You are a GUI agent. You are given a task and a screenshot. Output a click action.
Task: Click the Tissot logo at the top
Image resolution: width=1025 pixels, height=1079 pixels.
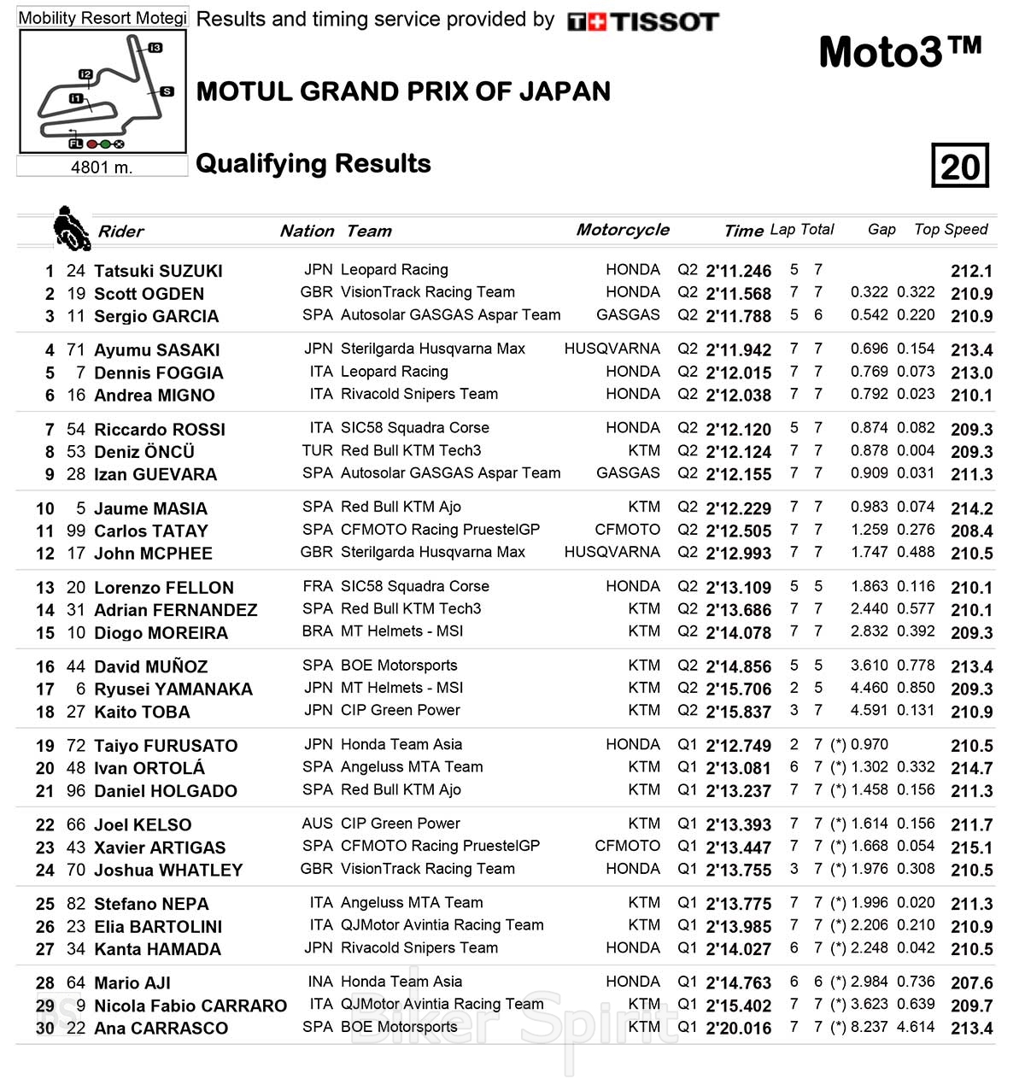point(642,21)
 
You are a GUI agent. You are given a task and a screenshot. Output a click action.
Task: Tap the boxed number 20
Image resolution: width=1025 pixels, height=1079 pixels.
point(960,166)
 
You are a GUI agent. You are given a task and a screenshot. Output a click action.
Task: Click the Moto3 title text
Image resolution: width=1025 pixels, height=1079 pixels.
point(899,53)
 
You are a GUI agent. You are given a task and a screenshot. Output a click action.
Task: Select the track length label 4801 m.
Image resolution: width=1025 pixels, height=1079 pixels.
point(102,167)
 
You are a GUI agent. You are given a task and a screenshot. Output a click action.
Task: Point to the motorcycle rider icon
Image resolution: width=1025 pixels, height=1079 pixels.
point(71,229)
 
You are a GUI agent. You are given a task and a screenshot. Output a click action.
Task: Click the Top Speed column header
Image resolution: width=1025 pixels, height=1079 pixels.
point(951,229)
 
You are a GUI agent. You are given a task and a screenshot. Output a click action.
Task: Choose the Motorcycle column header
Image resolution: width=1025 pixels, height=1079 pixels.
point(623,230)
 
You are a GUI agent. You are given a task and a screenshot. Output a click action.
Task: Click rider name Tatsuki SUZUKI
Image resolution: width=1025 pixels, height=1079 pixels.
point(158,271)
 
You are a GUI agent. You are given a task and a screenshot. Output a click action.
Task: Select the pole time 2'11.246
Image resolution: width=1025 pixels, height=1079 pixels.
point(738,271)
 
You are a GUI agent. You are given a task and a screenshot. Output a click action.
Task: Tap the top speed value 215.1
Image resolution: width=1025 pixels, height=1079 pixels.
point(971,847)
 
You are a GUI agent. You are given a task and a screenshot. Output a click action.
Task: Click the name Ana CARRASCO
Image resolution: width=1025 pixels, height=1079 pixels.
point(161,1029)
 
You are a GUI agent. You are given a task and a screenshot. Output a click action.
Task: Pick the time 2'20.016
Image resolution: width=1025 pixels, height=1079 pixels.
point(738,1029)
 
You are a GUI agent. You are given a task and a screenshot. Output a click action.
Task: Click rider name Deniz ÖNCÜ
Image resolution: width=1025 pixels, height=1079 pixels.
point(144,452)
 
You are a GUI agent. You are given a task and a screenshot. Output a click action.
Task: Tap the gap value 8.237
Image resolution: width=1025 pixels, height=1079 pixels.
point(870,1027)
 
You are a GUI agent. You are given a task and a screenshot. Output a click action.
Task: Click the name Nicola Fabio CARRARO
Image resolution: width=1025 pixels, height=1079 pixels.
point(190,1006)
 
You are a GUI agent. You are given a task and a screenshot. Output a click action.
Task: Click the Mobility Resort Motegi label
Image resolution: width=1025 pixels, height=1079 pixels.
point(102,18)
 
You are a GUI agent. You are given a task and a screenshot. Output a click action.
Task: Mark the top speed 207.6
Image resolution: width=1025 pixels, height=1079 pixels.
point(971,983)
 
